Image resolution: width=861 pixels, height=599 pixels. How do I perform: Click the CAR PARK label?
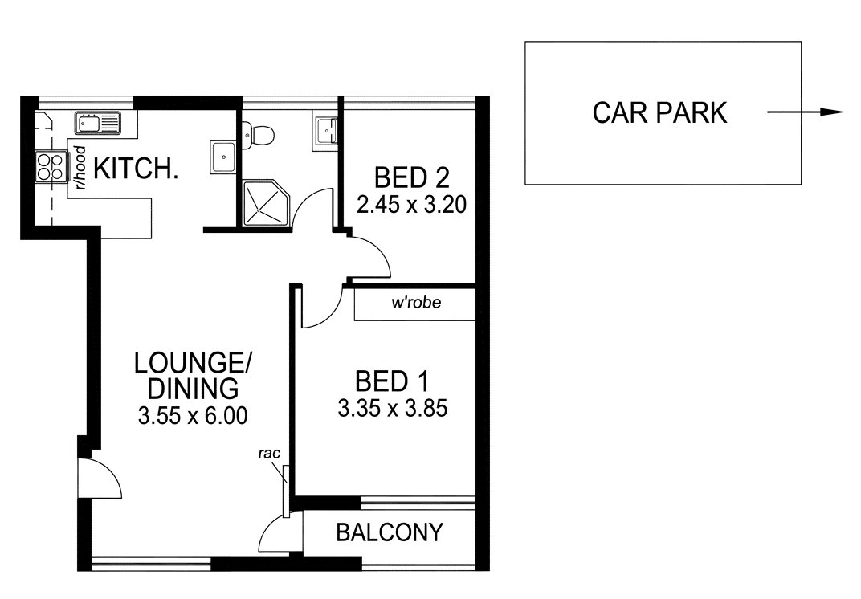(x=659, y=113)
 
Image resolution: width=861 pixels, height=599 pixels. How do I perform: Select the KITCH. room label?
(x=136, y=169)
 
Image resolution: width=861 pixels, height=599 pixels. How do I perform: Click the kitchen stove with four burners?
(x=50, y=167)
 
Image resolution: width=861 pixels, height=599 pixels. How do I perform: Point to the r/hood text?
(x=80, y=166)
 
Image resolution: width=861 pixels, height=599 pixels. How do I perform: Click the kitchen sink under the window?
(x=97, y=124)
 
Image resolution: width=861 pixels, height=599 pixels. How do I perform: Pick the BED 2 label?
(x=411, y=175)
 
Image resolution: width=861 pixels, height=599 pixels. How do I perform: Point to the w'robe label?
(x=415, y=304)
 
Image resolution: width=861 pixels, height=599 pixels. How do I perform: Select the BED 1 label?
(x=391, y=380)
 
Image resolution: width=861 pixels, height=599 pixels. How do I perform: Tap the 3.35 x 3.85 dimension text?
(x=391, y=409)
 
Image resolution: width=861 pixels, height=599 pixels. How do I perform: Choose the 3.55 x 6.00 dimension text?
(x=192, y=415)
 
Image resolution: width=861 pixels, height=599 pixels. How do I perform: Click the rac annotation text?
(x=268, y=454)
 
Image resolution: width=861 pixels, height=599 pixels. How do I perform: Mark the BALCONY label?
(x=390, y=532)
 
